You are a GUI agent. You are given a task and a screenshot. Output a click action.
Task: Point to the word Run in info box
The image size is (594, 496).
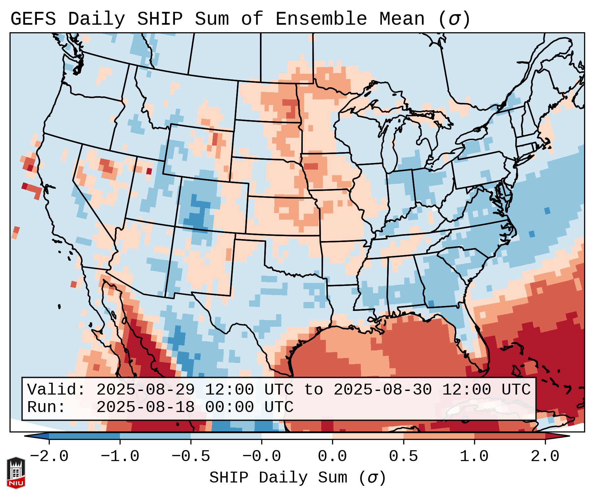pyautogui.click(x=46, y=407)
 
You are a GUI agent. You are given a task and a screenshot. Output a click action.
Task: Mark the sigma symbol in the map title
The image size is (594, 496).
pyautogui.click(x=454, y=19)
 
